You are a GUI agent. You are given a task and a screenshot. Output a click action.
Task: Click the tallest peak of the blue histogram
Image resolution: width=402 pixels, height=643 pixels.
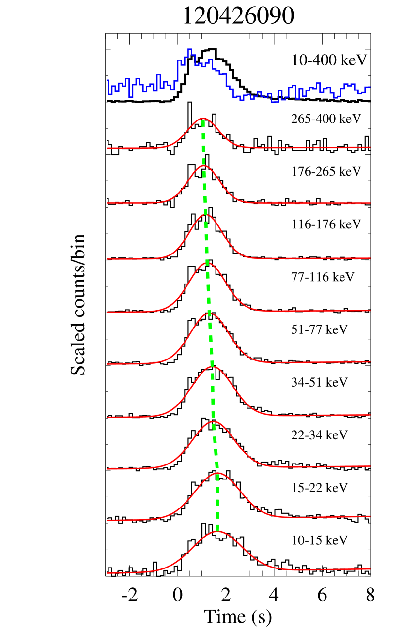(x=190, y=49)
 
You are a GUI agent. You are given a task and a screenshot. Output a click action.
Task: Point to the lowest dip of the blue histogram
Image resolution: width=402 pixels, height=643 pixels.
(x=275, y=102)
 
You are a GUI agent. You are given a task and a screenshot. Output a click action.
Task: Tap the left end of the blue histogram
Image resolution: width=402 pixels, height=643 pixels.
(x=108, y=80)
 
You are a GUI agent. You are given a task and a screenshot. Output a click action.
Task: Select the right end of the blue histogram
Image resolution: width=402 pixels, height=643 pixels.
(x=370, y=87)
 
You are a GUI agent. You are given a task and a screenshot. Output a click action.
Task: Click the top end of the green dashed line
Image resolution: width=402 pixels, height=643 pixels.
(x=203, y=120)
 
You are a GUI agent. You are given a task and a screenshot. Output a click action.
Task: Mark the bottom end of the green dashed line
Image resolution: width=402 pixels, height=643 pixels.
(x=217, y=531)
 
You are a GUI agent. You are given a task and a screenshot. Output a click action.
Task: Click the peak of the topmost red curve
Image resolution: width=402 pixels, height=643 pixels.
(x=203, y=118)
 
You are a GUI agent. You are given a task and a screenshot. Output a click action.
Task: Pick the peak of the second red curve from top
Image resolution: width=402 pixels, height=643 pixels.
(x=204, y=165)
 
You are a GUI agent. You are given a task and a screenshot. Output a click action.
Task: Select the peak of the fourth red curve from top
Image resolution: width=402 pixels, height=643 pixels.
(x=207, y=263)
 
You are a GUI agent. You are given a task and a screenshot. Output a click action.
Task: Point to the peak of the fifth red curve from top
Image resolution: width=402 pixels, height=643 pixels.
(x=210, y=313)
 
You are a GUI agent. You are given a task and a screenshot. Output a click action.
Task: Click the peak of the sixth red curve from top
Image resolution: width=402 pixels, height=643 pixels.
(x=212, y=366)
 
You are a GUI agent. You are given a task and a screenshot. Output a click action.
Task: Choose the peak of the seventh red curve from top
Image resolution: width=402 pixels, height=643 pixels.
(x=214, y=421)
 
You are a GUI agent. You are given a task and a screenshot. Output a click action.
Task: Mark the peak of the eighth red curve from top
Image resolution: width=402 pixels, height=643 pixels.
(x=218, y=473)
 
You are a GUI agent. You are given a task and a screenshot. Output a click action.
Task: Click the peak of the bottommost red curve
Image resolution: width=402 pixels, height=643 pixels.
(x=217, y=531)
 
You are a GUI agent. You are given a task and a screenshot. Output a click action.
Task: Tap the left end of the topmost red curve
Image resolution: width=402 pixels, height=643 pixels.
(x=107, y=148)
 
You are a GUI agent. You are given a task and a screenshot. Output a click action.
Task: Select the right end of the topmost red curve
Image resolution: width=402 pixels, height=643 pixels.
(x=370, y=147)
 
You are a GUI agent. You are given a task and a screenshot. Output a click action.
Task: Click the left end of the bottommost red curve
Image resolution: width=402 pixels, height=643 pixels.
(x=107, y=573)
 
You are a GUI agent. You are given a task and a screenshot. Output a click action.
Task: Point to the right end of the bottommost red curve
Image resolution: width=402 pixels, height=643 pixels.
(x=370, y=569)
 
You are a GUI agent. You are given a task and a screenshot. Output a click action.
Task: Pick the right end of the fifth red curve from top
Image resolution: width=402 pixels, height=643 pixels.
(x=370, y=361)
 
